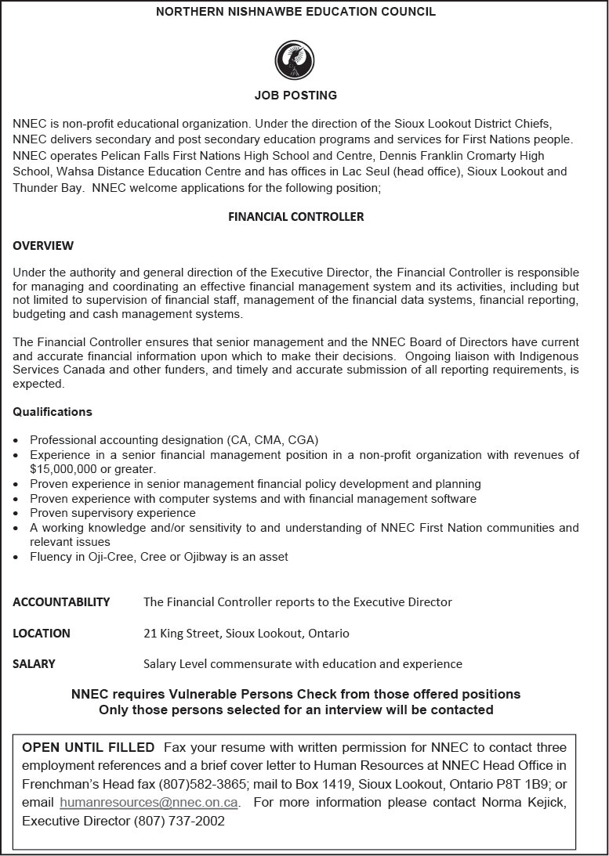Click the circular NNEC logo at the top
pos(295,60)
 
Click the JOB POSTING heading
pos(295,96)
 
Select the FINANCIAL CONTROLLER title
pos(295,217)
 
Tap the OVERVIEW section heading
pos(43,246)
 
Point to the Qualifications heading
pos(53,412)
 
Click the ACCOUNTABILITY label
pos(61,602)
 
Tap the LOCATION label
pos(42,633)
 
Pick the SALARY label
pos(34,664)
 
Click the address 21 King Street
pos(183,633)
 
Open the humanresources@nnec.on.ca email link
pos(149,803)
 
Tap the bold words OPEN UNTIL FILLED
pos(88,747)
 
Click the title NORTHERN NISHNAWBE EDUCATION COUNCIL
pos(295,12)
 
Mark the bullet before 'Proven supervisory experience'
pos(17,513)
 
